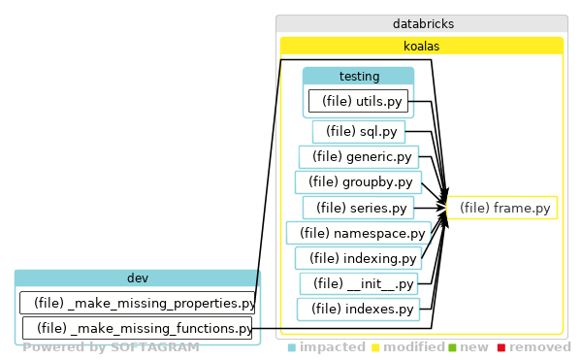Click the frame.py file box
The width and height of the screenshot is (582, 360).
point(502,207)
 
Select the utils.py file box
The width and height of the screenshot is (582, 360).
point(358,101)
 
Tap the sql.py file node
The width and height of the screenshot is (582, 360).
point(358,132)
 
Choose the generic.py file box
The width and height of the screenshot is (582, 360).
point(357,156)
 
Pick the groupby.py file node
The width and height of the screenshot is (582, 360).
point(358,181)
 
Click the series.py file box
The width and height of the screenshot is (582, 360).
point(358,208)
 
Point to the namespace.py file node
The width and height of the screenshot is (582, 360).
point(358,233)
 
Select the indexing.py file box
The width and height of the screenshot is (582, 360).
point(358,258)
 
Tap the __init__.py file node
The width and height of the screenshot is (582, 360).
point(358,283)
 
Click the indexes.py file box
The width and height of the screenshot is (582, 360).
point(358,309)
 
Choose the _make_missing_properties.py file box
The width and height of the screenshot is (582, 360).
point(137,303)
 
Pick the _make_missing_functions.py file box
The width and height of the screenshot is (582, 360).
point(137,328)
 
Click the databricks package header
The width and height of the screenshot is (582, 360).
point(422,23)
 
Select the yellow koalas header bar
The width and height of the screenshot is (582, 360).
point(422,46)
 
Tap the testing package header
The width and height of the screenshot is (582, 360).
point(358,76)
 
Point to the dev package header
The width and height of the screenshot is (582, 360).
point(137,278)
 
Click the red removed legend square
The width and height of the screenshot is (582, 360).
point(501,347)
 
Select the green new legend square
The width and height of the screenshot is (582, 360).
point(451,347)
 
